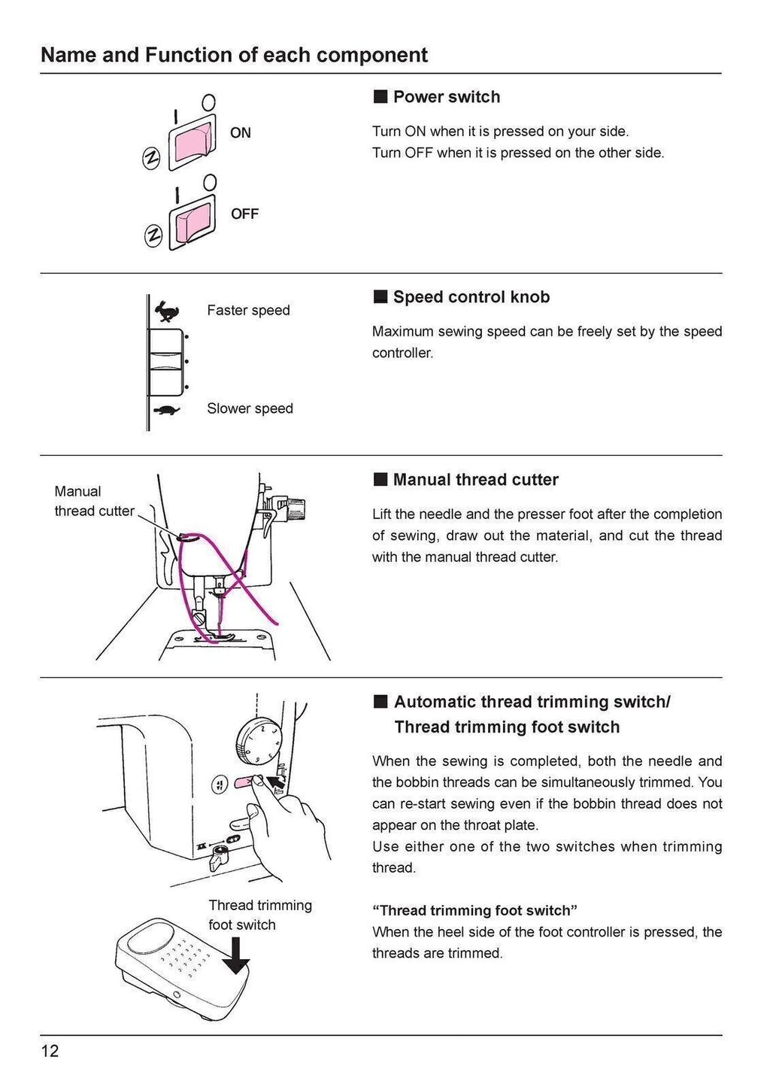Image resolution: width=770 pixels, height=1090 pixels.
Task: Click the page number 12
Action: click(x=50, y=1051)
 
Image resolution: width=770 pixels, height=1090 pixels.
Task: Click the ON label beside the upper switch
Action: click(x=241, y=133)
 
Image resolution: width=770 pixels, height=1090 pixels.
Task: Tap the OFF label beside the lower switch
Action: click(x=244, y=214)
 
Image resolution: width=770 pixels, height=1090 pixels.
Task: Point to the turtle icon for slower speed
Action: click(x=166, y=411)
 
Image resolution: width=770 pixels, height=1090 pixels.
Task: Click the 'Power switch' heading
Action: click(x=446, y=97)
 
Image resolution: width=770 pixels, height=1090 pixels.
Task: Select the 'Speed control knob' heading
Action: click(x=471, y=297)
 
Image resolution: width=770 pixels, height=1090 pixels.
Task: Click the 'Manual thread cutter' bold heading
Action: click(x=475, y=480)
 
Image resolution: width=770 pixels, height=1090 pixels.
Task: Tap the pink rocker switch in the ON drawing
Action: click(x=191, y=143)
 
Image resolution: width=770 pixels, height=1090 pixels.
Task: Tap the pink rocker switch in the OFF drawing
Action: click(x=191, y=223)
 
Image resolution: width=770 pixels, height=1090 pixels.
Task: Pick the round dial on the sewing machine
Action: click(x=259, y=741)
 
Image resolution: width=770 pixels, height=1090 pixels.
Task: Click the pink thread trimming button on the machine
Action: click(x=245, y=783)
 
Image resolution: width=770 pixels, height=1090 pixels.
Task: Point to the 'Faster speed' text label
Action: click(x=248, y=311)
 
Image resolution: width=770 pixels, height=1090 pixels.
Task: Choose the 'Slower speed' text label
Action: click(x=250, y=408)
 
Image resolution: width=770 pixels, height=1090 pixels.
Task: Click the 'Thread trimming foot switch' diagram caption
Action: click(x=259, y=915)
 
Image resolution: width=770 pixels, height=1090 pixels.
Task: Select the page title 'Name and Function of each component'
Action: click(x=234, y=55)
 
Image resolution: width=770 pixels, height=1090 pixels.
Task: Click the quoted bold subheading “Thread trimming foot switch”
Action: click(x=474, y=910)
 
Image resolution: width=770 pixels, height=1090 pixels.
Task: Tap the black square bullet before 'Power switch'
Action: click(x=380, y=97)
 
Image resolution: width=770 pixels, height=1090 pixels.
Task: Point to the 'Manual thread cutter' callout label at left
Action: click(x=94, y=501)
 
